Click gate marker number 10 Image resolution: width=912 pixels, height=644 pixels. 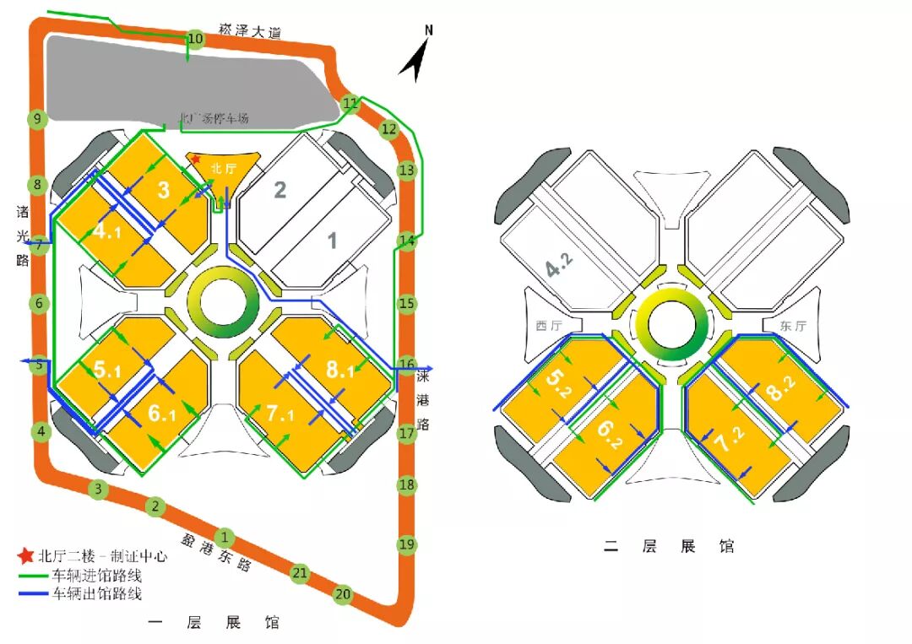pyautogui.click(x=195, y=39)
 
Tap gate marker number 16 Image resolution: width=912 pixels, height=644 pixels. pyautogui.click(x=407, y=365)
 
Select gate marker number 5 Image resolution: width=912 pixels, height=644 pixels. pyautogui.click(x=39, y=365)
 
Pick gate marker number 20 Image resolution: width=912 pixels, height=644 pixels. pyautogui.click(x=343, y=593)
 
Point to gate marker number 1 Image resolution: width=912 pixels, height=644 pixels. pyautogui.click(x=225, y=536)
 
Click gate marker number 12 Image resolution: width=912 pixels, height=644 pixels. pyautogui.click(x=388, y=129)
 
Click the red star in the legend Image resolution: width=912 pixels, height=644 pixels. pyautogui.click(x=26, y=556)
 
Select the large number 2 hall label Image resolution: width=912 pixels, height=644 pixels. pyautogui.click(x=280, y=189)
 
